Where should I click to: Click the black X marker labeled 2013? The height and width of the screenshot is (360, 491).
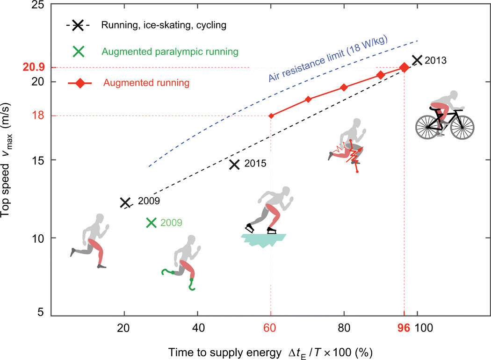click(x=417, y=60)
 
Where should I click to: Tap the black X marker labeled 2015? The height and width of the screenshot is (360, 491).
click(x=234, y=164)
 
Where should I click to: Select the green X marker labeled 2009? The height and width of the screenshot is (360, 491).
click(x=151, y=223)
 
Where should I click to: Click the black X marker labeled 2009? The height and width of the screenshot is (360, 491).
click(x=125, y=202)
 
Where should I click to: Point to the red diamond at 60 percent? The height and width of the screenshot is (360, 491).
click(x=271, y=115)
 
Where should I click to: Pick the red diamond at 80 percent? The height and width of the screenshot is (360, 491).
click(x=344, y=87)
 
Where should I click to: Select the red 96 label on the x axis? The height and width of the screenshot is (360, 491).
click(x=404, y=328)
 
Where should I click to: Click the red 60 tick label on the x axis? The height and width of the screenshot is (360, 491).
click(x=271, y=328)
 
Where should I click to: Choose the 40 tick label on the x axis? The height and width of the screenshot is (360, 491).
click(x=198, y=328)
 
